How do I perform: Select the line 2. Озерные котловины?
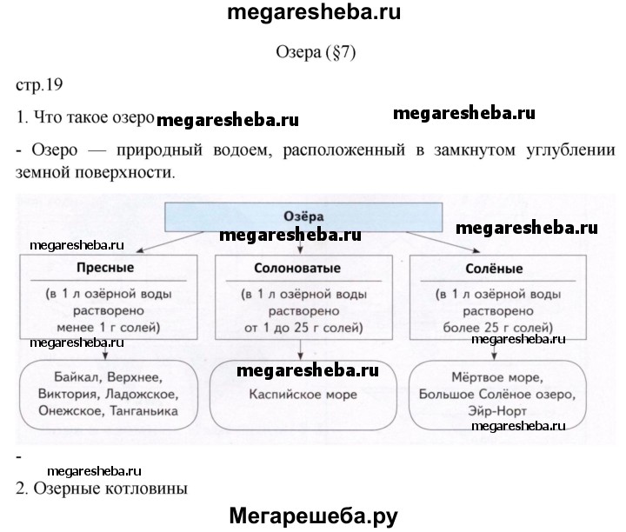click(102, 488)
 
